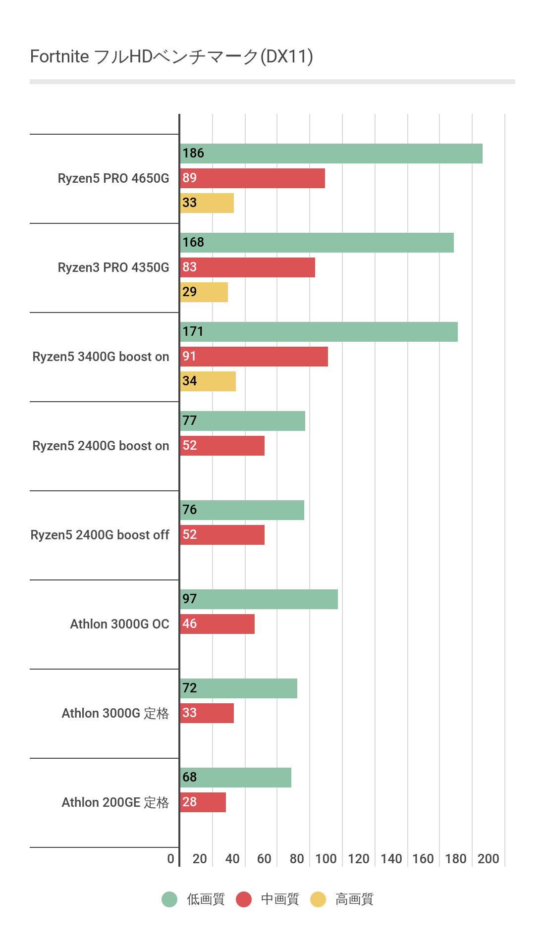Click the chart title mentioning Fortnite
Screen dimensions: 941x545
pyautogui.click(x=171, y=56)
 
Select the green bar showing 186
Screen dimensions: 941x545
pyautogui.click(x=331, y=154)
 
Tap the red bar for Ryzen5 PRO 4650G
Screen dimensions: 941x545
pyautogui.click(x=253, y=178)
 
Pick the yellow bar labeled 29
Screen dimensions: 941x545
pyautogui.click(x=204, y=292)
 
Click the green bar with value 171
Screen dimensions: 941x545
pyautogui.click(x=319, y=332)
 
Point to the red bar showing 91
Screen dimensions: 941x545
pyautogui.click(x=254, y=357)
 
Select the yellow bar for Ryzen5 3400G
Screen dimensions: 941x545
pyautogui.click(x=208, y=381)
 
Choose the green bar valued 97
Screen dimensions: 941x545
pyautogui.click(x=259, y=599)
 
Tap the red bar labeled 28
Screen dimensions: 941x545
pyautogui.click(x=203, y=802)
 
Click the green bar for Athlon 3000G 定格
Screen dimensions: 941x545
pyautogui.click(x=238, y=688)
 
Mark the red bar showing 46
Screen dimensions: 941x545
pyautogui.click(x=218, y=624)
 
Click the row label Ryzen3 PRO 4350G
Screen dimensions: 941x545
pyautogui.click(x=113, y=267)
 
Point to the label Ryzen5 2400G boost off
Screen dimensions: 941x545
pyautogui.click(x=100, y=535)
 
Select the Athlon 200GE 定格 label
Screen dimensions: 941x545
pyautogui.click(x=115, y=802)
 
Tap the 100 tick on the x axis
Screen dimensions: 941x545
pyautogui.click(x=326, y=859)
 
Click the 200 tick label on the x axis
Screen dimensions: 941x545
pyautogui.click(x=488, y=859)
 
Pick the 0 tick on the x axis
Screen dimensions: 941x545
pyautogui.click(x=170, y=859)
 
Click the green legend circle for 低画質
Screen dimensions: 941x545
pyautogui.click(x=169, y=899)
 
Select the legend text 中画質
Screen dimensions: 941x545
pyautogui.click(x=280, y=899)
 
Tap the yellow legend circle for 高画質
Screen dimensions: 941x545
pyautogui.click(x=318, y=899)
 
